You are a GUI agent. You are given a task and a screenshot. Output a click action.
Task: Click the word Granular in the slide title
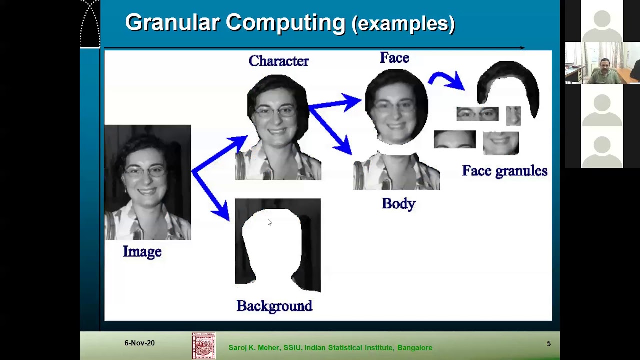click(x=172, y=23)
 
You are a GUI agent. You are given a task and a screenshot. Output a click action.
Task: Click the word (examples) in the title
click(x=403, y=24)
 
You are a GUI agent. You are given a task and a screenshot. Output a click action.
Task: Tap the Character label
click(x=278, y=61)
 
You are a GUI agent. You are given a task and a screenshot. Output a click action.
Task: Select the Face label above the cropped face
click(x=394, y=58)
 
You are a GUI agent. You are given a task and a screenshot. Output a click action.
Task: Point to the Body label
click(x=398, y=204)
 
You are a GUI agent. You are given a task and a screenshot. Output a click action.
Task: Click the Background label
click(x=274, y=306)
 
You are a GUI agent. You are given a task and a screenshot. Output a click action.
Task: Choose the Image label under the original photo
click(x=142, y=252)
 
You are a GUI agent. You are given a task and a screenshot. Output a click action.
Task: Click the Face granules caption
click(x=504, y=171)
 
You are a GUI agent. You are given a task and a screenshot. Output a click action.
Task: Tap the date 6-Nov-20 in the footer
click(x=139, y=343)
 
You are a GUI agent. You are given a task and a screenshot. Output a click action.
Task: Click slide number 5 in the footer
click(x=548, y=344)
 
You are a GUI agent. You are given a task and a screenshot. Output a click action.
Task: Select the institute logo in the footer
click(x=204, y=346)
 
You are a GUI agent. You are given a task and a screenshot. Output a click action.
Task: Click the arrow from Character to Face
click(x=335, y=104)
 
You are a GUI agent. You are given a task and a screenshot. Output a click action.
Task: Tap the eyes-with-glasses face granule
click(x=477, y=114)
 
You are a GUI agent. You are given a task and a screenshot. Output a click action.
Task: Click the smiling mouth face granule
click(x=500, y=143)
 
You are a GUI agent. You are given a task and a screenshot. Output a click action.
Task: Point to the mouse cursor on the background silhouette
click(x=269, y=222)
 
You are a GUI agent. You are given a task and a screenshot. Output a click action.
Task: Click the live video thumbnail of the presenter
click(x=602, y=63)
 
